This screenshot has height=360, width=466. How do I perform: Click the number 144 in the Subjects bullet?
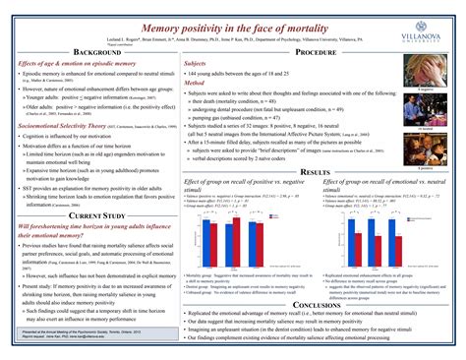point(193,73)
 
